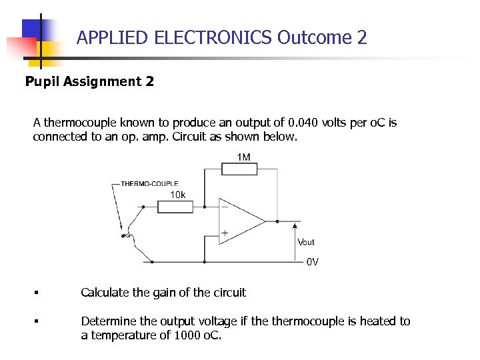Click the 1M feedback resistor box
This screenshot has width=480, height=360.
coord(238,169)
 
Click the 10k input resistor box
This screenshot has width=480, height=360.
coord(175,206)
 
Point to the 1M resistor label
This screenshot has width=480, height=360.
coord(243,157)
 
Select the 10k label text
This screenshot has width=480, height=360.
coord(178,195)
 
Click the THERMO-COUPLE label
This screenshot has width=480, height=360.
coord(149,183)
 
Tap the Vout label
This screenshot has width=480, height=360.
coord(306,242)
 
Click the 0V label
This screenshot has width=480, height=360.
coord(312,262)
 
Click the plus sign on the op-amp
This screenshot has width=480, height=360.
coord(225,233)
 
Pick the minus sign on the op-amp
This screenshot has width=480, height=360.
coord(225,207)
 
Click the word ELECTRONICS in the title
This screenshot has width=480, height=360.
coord(213,37)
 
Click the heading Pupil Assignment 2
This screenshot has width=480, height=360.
coord(89,81)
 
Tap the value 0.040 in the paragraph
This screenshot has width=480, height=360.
coord(303,123)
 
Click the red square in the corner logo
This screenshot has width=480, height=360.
coord(20,47)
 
